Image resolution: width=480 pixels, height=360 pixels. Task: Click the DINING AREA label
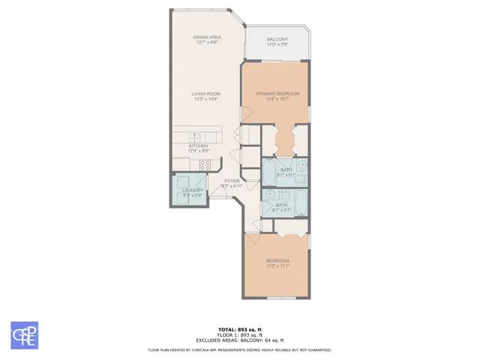tap(206, 37)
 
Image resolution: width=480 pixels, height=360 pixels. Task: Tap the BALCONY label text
tap(277, 40)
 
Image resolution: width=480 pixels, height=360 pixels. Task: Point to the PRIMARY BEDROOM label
tap(277, 94)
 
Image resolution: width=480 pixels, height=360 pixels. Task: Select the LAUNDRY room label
tap(193, 190)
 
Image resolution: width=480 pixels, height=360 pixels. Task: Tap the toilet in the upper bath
tap(269, 161)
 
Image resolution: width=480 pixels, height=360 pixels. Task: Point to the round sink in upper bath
tap(302, 163)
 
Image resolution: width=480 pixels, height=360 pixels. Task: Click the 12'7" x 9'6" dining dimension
tap(206, 42)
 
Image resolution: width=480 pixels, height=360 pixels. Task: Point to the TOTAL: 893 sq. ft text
tap(239, 329)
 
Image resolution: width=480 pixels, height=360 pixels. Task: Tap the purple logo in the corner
tap(24, 334)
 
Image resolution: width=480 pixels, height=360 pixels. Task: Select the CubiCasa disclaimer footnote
tap(239, 349)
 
